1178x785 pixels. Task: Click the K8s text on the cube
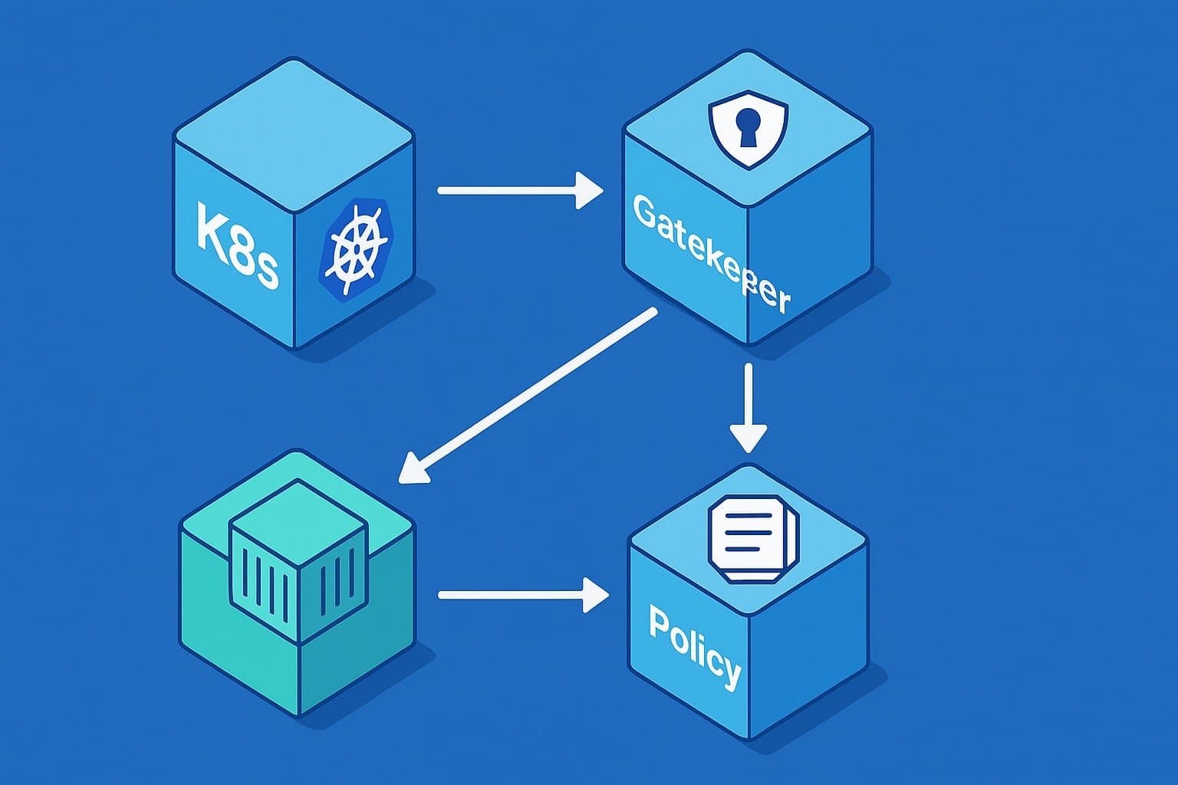(236, 244)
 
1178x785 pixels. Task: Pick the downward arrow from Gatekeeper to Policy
(748, 406)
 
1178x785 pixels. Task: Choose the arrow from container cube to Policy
(522, 595)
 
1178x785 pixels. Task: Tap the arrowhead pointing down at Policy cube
(748, 438)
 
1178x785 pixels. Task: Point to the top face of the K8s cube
(294, 134)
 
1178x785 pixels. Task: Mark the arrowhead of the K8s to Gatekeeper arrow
(588, 189)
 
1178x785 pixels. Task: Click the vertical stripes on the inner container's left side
(265, 586)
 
